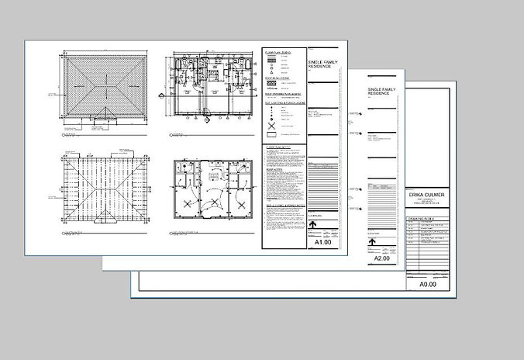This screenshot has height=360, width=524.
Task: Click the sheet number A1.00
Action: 322,242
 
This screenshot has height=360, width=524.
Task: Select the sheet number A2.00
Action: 382,258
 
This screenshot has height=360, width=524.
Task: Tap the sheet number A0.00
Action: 428,285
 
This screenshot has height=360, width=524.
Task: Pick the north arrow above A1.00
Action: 313,224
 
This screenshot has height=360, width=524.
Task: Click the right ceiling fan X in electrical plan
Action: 241,204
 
